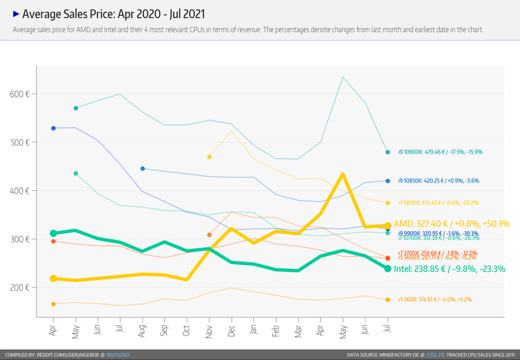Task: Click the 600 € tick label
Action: (20, 94)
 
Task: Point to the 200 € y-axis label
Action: (20, 287)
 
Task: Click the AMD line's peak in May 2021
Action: (342, 174)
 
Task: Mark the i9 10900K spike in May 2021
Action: (342, 77)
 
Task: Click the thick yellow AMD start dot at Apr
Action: (53, 278)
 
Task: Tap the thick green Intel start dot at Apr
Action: (53, 233)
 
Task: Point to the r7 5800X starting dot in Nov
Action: (209, 157)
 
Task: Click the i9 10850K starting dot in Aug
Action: (142, 169)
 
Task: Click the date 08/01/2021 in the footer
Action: (118, 355)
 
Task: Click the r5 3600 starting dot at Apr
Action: (53, 304)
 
